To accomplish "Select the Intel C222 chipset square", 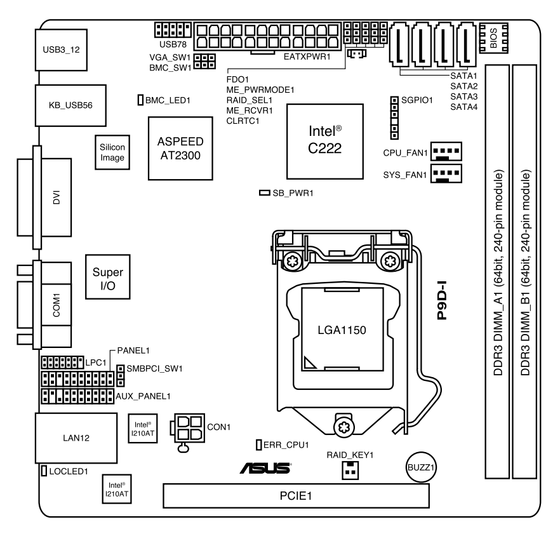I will point(325,140).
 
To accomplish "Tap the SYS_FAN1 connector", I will point(446,173).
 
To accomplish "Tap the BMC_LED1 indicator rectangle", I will point(141,100).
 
